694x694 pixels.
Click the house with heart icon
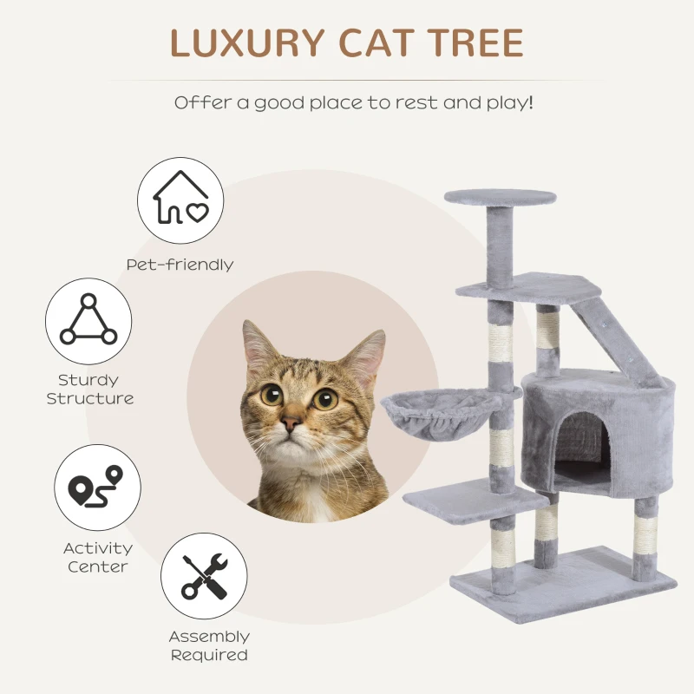(180, 200)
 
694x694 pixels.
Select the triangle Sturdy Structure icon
(88, 321)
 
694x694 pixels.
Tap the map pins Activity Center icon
(97, 488)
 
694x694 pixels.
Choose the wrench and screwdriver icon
(204, 576)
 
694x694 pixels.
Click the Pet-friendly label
(180, 265)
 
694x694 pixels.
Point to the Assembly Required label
(209, 646)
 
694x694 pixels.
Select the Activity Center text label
(98, 557)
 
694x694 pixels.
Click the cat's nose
(291, 422)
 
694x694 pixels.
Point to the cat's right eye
(325, 399)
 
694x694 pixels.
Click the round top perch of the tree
(500, 197)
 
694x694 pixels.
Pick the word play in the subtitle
(507, 102)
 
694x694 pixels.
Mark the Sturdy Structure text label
(89, 390)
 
